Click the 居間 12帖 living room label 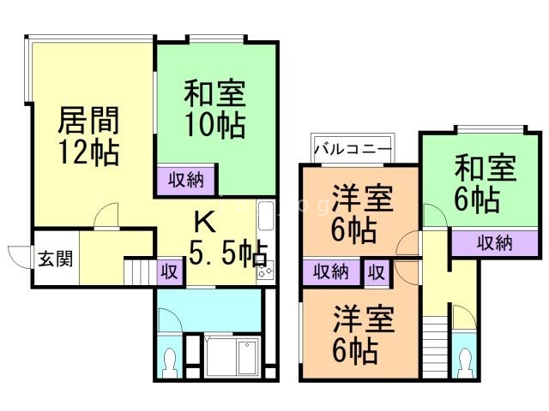point(88,136)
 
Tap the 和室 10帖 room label point(214,109)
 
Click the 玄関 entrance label point(56,259)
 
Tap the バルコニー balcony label point(352,149)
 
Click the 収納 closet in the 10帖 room point(186,181)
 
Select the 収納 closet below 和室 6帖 point(494,243)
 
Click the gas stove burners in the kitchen point(265,270)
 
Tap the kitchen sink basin point(266,217)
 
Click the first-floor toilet point(170,362)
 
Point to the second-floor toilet point(465,363)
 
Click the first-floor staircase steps point(140,271)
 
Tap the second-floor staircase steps point(435,347)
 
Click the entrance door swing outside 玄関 point(19,257)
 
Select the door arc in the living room point(106,215)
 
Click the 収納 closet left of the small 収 point(331,271)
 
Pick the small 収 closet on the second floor point(377,272)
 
